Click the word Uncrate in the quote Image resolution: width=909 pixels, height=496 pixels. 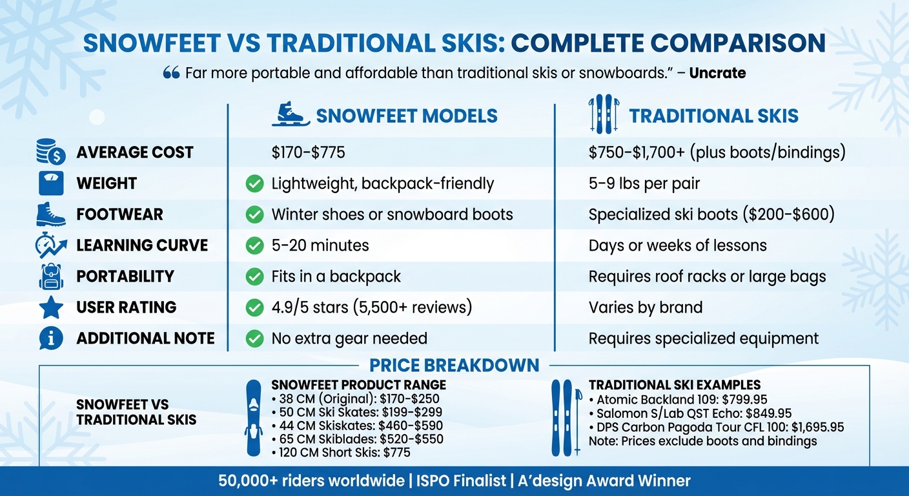(717, 73)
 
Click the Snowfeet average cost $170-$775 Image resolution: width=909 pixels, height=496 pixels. (308, 152)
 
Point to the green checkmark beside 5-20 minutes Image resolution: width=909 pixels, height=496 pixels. (255, 245)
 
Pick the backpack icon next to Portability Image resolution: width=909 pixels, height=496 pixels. (51, 276)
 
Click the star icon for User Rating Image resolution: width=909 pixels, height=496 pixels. (51, 307)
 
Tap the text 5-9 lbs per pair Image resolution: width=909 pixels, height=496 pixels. (644, 183)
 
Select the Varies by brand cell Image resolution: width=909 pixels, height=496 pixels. (645, 307)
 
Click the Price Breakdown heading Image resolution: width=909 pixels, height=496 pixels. (454, 365)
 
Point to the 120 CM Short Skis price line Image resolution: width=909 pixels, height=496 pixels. (340, 452)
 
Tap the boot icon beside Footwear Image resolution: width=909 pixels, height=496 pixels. (51, 214)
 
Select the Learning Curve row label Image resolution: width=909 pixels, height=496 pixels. (141, 245)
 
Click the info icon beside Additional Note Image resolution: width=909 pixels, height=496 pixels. (51, 338)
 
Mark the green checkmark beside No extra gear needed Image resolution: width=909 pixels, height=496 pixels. (255, 338)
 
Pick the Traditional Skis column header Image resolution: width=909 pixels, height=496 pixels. (713, 116)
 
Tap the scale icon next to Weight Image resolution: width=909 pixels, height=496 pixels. (51, 183)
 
